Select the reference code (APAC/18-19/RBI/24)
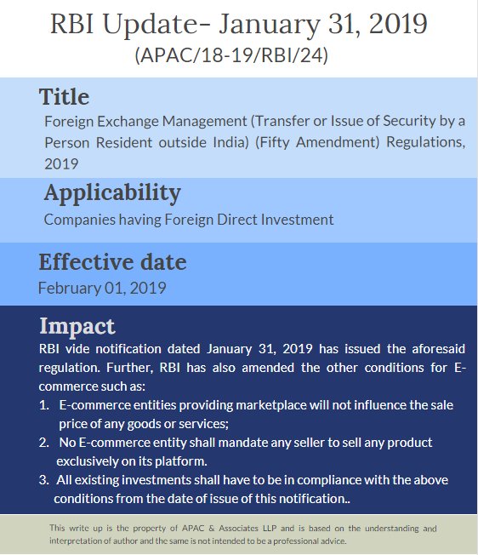pos(230,56)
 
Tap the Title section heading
pos(64,97)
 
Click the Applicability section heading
pos(112,193)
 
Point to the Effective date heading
pos(112,261)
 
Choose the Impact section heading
pos(77,326)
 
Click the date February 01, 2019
pos(102,288)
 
